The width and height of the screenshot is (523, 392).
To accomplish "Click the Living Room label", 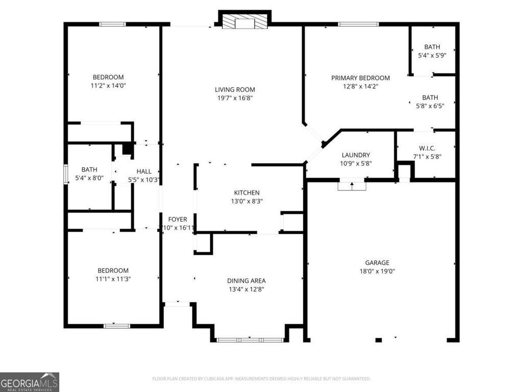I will click(x=234, y=89).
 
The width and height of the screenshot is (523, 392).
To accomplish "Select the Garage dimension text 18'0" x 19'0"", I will click(x=377, y=272).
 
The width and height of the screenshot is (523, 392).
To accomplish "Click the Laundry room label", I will click(x=355, y=155).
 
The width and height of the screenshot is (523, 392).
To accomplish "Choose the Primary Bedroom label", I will click(x=360, y=78).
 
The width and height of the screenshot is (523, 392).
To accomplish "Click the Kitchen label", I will click(x=247, y=192).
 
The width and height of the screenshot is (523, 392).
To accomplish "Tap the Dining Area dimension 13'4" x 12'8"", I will click(x=246, y=289).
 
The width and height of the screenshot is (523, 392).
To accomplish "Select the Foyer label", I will click(x=178, y=219).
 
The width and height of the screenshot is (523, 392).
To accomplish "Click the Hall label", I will click(x=144, y=171).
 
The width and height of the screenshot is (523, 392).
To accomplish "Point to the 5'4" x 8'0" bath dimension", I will click(x=89, y=178).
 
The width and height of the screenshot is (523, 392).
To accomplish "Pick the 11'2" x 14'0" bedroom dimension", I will click(x=108, y=86).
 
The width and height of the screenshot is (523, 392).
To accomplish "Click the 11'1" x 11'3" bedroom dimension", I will click(x=113, y=279).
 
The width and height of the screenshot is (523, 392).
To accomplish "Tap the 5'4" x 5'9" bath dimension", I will click(x=432, y=55).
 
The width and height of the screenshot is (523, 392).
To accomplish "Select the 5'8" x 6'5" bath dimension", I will click(x=430, y=106).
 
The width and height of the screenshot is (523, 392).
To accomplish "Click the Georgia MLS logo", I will click(x=30, y=382).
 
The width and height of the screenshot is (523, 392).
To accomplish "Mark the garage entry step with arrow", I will click(x=352, y=185).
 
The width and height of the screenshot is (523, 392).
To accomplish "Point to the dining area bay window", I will click(x=250, y=339).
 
